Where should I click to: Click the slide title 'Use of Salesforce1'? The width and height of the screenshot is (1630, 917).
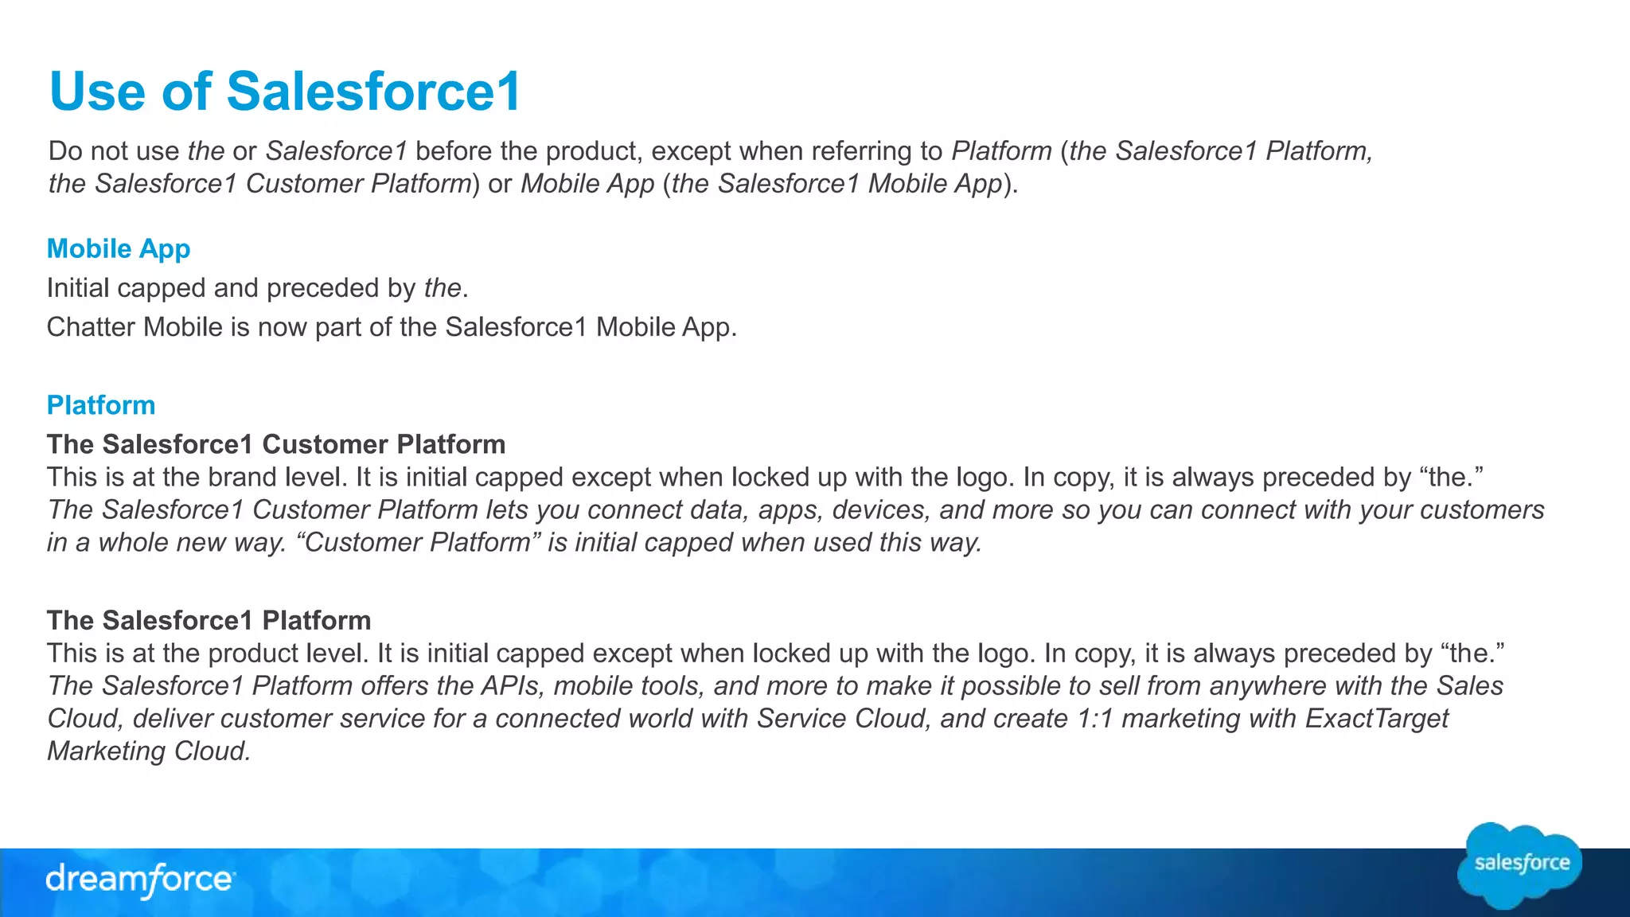click(x=285, y=91)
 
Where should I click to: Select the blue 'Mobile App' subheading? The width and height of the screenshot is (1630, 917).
click(x=119, y=248)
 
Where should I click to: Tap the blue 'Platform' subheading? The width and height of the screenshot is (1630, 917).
click(x=101, y=405)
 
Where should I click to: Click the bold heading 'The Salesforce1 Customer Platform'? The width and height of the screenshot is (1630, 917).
click(x=276, y=444)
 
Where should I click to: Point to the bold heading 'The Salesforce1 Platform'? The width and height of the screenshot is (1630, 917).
click(x=209, y=620)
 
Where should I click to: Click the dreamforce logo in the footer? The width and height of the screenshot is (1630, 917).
click(x=140, y=880)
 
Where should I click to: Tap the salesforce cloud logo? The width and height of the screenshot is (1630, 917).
click(x=1520, y=864)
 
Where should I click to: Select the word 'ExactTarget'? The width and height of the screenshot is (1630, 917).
click(x=1377, y=718)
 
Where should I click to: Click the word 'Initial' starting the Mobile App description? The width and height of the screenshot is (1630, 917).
click(x=78, y=287)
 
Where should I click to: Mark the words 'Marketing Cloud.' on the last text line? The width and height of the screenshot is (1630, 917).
click(x=149, y=751)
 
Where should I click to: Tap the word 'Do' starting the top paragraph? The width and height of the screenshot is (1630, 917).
click(x=65, y=150)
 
